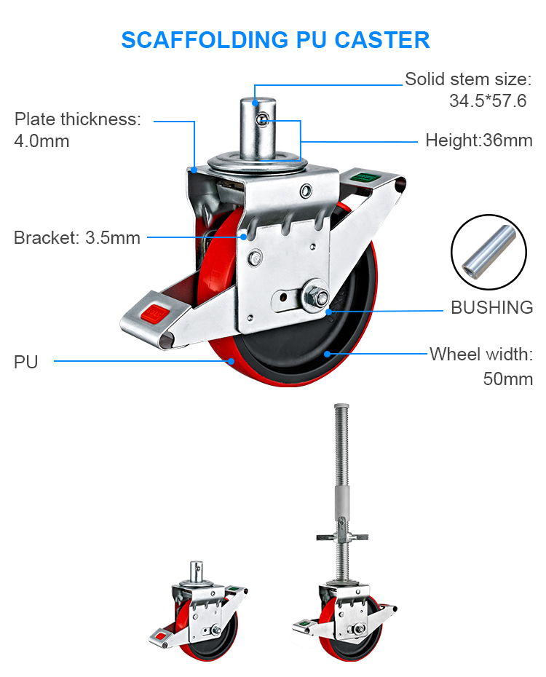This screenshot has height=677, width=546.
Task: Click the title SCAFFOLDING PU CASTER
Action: pos(275,39)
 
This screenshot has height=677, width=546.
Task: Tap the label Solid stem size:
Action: pos(468,79)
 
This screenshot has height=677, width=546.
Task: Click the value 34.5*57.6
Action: pos(487,101)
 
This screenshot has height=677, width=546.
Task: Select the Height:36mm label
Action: pos(478,140)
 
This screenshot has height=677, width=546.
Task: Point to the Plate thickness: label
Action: pos(78,119)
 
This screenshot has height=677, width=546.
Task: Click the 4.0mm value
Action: pos(41,141)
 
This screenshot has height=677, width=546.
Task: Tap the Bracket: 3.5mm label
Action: pos(77,237)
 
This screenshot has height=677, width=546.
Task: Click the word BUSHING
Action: pos(491,307)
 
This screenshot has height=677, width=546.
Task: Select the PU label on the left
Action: pos(26,361)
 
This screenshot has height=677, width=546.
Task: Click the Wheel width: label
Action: pos(481,355)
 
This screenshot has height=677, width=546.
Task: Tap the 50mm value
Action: pos(507,379)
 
